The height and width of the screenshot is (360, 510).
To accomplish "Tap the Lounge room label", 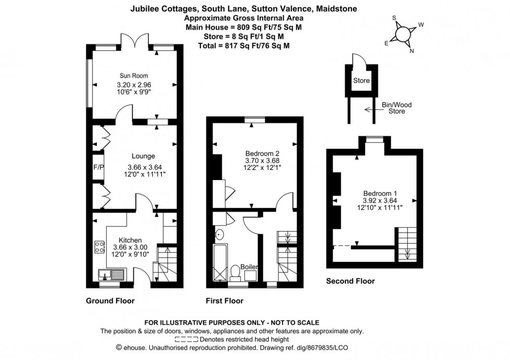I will pyautogui.click(x=143, y=156).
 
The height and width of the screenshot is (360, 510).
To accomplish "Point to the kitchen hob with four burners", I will pyautogui.click(x=99, y=247).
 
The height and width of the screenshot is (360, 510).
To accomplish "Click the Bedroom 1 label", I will pyautogui.click(x=379, y=192).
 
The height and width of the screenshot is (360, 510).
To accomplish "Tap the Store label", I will pyautogui.click(x=361, y=81).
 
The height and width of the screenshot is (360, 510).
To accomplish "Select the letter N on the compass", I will pyautogui.click(x=412, y=50).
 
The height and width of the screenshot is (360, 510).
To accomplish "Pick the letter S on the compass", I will pyautogui.click(x=394, y=18).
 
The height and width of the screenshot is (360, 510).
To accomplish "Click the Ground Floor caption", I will pyautogui.click(x=110, y=301).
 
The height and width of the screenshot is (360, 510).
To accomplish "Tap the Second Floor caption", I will pyautogui.click(x=350, y=281).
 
